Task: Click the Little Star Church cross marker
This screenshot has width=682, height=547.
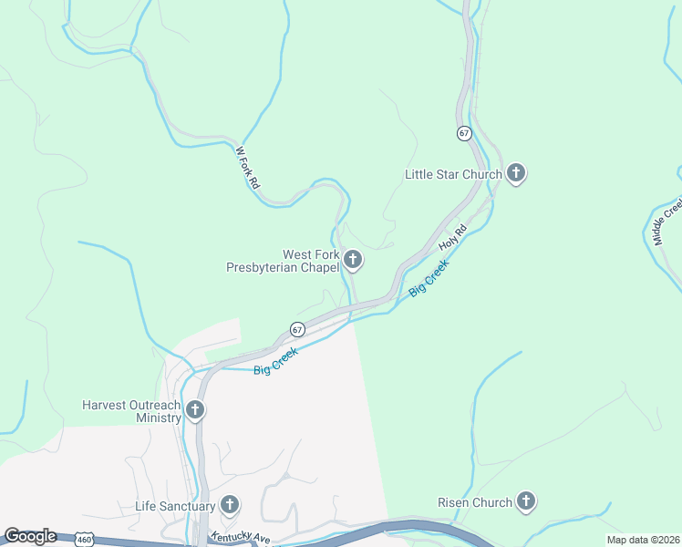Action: (516, 172)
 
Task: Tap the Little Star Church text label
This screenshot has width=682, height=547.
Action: (453, 173)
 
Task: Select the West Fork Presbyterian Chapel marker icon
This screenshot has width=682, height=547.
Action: (353, 261)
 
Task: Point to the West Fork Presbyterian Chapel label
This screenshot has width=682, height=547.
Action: (284, 262)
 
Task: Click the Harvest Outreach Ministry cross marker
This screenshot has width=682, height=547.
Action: (194, 410)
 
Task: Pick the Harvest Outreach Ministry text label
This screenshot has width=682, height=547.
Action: (131, 411)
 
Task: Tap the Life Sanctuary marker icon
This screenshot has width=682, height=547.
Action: (229, 504)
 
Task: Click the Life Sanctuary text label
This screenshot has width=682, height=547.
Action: (175, 506)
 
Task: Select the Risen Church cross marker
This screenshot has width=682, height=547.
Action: (525, 501)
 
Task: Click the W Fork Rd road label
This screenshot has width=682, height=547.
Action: (248, 168)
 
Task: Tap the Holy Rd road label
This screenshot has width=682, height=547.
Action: (452, 239)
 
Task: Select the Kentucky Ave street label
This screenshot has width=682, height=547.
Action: (241, 539)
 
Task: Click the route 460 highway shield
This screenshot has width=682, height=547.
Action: (84, 540)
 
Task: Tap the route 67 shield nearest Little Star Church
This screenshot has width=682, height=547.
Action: (464, 133)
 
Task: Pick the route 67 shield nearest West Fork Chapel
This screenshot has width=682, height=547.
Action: (298, 328)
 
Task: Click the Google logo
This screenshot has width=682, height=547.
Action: (29, 536)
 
